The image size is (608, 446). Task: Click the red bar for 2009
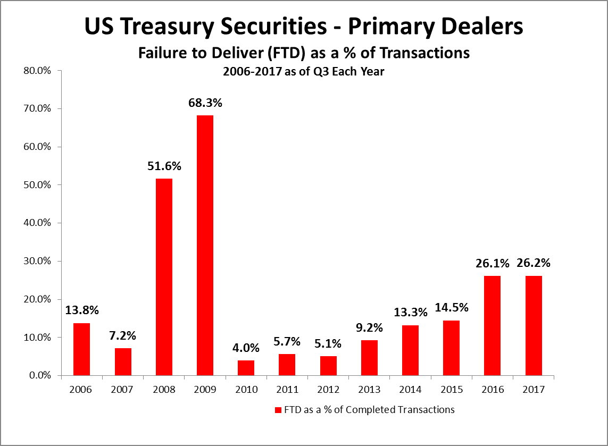click(x=205, y=245)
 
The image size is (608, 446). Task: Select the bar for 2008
click(x=164, y=277)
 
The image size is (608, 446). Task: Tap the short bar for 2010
click(x=246, y=368)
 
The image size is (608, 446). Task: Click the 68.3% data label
click(x=205, y=103)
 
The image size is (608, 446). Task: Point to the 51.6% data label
click(x=164, y=166)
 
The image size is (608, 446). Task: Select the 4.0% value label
click(x=246, y=349)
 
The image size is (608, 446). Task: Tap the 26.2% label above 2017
click(x=534, y=263)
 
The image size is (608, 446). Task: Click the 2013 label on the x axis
click(x=369, y=390)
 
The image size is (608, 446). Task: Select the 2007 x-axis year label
click(x=123, y=390)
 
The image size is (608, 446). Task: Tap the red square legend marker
click(x=277, y=410)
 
